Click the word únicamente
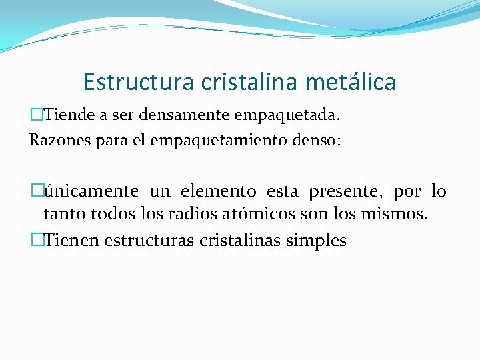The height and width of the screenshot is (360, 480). click(x=91, y=192)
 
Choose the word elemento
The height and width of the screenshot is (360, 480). click(x=218, y=192)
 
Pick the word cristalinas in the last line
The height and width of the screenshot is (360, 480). click(x=239, y=241)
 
